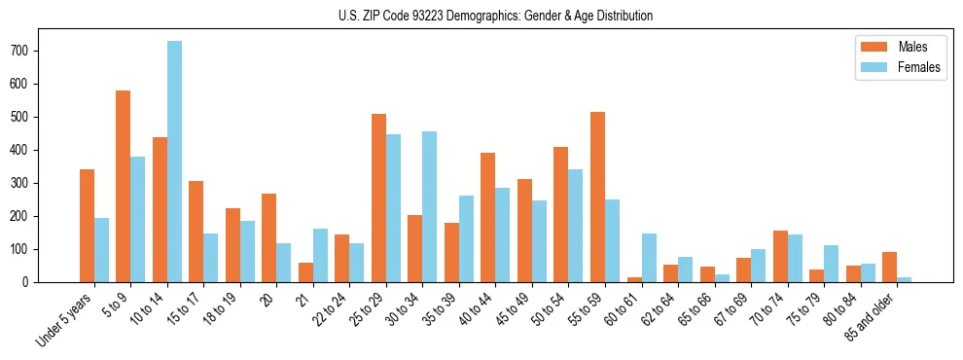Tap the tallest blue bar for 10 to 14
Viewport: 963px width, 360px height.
pos(174,162)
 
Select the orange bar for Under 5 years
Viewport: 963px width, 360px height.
pos(87,226)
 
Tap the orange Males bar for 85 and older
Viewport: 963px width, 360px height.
pos(889,267)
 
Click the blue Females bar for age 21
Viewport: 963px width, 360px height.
pos(320,255)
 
